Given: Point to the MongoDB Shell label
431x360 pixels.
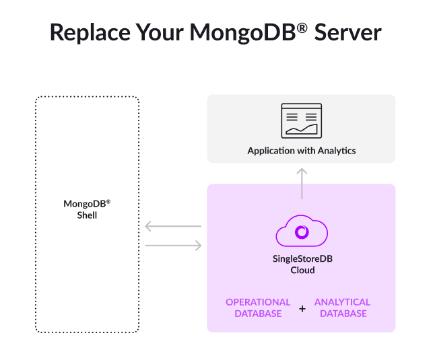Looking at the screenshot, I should point(87,209).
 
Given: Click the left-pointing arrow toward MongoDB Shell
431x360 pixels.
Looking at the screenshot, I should point(173,227).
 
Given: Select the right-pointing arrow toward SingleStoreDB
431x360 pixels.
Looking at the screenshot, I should point(173,246).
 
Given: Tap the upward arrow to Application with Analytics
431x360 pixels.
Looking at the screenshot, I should point(302,182).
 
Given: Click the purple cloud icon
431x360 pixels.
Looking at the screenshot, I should point(302,232).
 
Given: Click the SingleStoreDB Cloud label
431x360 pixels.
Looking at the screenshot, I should point(302,264).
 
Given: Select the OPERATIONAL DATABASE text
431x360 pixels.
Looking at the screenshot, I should point(258,308).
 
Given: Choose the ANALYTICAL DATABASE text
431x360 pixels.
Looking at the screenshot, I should point(343,308).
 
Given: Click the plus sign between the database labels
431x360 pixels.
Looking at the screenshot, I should point(302,308).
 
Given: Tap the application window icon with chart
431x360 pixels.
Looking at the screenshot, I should point(301,120).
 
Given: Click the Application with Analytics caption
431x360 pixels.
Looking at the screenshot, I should point(301,151).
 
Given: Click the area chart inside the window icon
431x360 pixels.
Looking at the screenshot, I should point(301,129).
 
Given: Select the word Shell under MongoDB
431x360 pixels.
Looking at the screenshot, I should point(87,215).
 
